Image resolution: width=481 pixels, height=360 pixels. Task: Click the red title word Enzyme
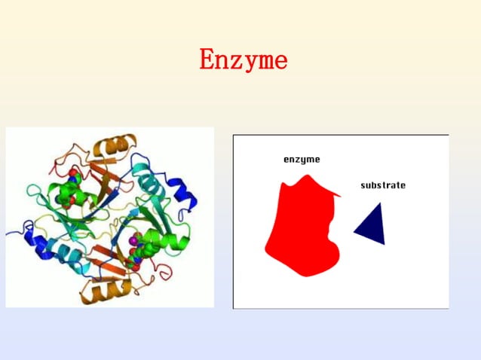243,59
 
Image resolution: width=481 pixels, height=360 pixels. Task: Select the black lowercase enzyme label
302,160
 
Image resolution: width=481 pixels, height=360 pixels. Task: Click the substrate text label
383,185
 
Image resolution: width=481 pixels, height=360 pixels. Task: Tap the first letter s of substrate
363,185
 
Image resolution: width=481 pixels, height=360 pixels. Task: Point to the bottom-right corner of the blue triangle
384,244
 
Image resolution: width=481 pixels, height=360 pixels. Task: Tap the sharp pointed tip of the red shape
340,196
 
